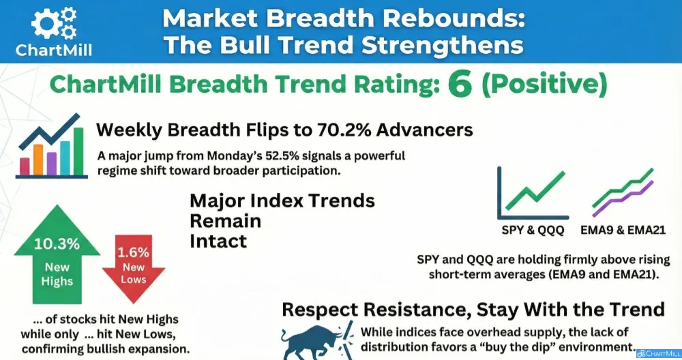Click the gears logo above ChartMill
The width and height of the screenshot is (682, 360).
coord(54,23)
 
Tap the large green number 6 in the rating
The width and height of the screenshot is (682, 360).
coord(460,85)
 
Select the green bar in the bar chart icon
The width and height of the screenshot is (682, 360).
coord(78,151)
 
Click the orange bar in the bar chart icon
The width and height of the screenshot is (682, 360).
coord(38,160)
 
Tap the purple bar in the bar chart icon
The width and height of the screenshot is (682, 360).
coord(51,164)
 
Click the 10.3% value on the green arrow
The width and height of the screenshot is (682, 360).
coord(57,244)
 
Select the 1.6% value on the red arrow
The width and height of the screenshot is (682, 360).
coord(133,252)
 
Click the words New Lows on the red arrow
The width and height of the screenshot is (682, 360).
coord(133,273)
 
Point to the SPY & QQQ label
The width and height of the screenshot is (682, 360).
coord(533,230)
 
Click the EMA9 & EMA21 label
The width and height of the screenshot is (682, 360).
coord(623,230)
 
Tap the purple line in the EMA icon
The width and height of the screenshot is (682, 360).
coord(623,198)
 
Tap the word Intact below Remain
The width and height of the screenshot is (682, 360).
coord(218,241)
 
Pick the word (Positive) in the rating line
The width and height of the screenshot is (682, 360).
coord(544,85)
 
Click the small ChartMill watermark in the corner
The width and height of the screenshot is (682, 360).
coord(659,354)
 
